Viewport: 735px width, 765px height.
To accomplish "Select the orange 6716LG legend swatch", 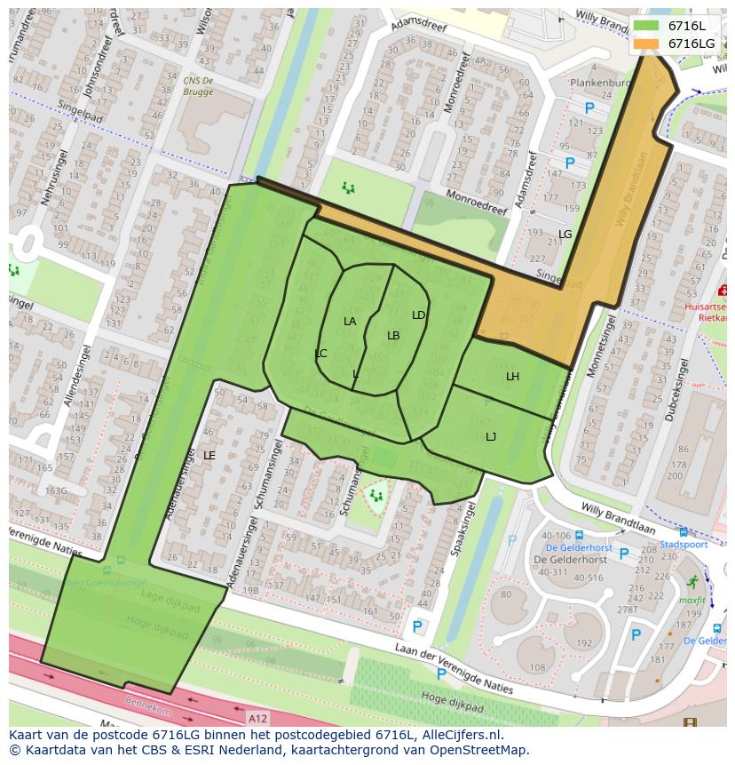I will (x=646, y=44).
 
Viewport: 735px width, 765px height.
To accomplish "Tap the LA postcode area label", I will (x=350, y=321).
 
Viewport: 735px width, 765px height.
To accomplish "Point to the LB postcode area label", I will (x=393, y=335).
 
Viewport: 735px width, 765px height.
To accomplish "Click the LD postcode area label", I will (x=418, y=315).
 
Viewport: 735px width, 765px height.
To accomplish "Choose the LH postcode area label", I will (x=512, y=377).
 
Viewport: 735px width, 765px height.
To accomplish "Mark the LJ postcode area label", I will (x=491, y=436).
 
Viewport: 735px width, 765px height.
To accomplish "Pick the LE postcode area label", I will (x=209, y=455).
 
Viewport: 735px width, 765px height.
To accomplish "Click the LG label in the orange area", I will (x=565, y=234).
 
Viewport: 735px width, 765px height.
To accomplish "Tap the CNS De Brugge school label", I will (x=198, y=85).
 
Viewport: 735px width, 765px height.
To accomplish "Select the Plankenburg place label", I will (x=600, y=83).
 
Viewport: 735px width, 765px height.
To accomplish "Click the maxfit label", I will (x=691, y=601).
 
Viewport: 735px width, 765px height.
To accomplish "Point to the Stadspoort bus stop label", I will (x=684, y=545).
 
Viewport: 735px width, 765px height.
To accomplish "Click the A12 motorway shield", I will (x=257, y=718).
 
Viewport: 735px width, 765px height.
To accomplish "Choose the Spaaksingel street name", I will (x=459, y=529).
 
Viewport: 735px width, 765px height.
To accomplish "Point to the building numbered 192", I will (x=584, y=643).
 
